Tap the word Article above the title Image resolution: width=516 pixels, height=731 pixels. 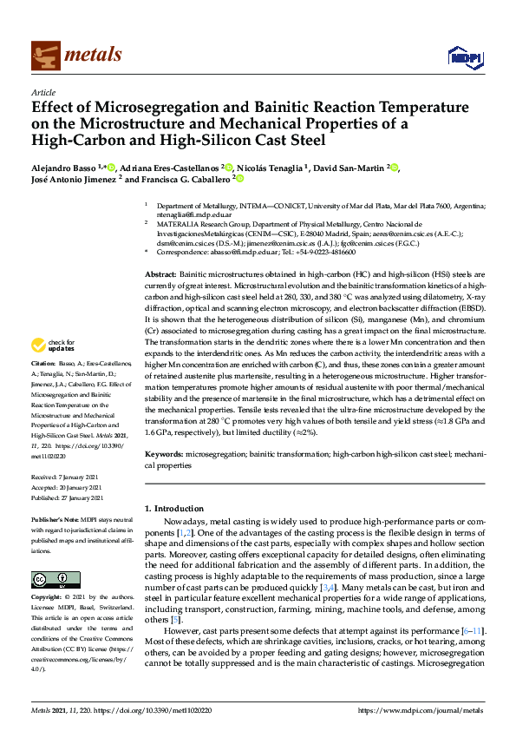(43, 92)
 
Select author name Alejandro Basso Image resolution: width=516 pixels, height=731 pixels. (63, 167)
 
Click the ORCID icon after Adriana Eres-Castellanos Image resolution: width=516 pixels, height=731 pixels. (226, 166)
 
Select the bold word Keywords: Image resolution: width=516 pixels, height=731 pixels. (165, 453)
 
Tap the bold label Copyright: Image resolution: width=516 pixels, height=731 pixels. (46, 599)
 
